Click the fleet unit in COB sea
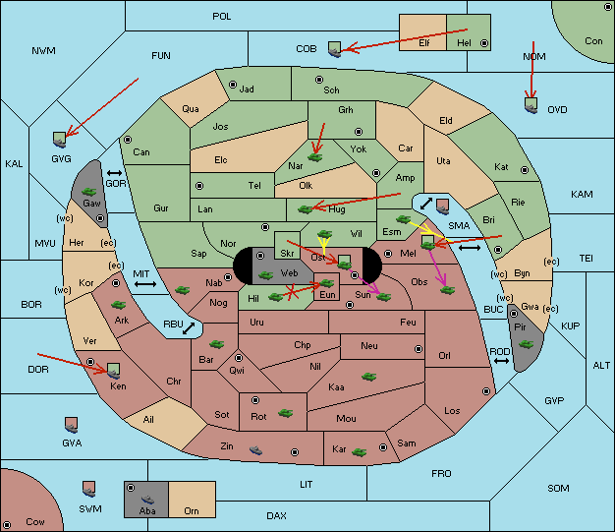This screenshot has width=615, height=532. pos(335,49)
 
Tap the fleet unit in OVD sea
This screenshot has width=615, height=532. pos(531,105)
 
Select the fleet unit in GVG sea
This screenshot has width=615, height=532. pos(60,140)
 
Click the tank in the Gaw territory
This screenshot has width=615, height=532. pos(89,192)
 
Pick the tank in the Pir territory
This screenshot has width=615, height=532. pos(526,344)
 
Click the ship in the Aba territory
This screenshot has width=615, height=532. pos(147,500)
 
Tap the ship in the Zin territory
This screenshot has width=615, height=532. pos(255,449)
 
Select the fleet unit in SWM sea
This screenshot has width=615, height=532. pos(89,489)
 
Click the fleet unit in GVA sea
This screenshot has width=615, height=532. pos(71,425)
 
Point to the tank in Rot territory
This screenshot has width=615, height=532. pos(285,413)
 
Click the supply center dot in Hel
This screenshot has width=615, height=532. pos(484,43)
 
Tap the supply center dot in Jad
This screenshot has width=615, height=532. pos(233,85)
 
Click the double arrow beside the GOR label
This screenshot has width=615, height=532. pos(115,173)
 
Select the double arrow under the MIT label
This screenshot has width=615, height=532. pos(145,284)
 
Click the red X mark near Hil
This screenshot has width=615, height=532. pos(292,292)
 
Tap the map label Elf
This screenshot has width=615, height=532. pos(424,43)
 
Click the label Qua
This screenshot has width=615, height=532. pos(191,109)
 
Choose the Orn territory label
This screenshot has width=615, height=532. pos(192,510)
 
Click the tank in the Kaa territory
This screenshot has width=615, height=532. pos(368,377)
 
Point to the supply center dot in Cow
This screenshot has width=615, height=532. pos(7,525)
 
